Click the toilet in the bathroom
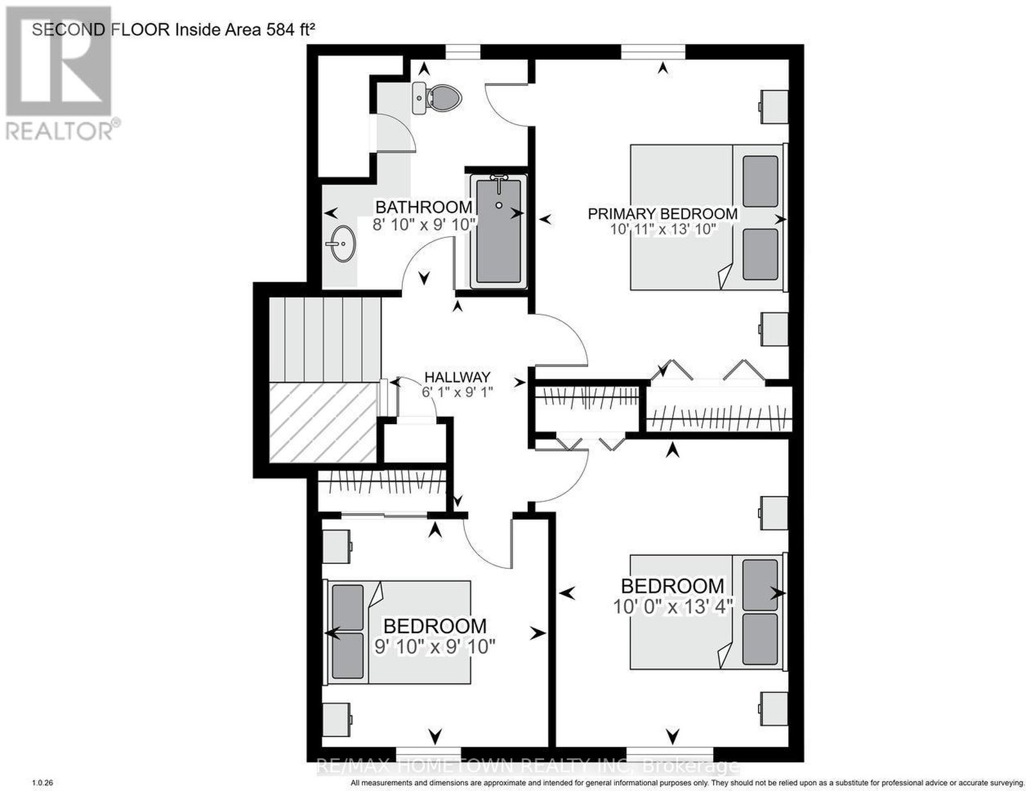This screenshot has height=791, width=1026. [437, 98]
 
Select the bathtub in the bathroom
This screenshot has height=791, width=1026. [498, 231]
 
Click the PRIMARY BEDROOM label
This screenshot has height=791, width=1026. [662, 214]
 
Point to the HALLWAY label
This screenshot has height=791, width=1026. [457, 377]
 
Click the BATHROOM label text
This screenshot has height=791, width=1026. [423, 207]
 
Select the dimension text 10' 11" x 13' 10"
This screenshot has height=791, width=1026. [663, 230]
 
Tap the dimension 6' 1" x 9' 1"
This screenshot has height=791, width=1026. [457, 392]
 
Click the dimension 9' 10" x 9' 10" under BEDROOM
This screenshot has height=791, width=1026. [434, 647]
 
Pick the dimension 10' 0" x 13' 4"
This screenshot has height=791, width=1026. [673, 606]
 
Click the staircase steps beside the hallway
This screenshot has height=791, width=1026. [325, 339]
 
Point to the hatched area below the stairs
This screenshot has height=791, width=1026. [323, 422]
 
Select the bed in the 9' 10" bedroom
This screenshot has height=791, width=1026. [397, 633]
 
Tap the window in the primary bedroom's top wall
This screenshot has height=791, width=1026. [653, 51]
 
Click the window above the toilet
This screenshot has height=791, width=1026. [463, 51]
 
